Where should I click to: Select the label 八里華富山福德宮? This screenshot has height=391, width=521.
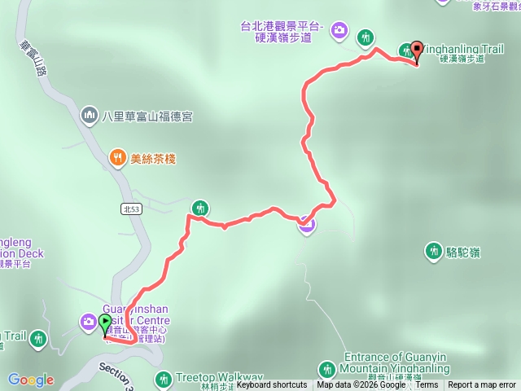pyautogui.click(x=147, y=116)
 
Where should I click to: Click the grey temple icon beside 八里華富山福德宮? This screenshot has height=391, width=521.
pyautogui.click(x=89, y=116)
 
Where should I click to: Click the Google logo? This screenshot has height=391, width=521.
pyautogui.click(x=31, y=380)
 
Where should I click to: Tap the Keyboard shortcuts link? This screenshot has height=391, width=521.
pyautogui.click(x=272, y=385)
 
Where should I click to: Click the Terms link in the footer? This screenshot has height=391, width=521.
pyautogui.click(x=427, y=385)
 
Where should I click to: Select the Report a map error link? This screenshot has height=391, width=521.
pyautogui.click(x=482, y=385)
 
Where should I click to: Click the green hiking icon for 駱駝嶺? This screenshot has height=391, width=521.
pyautogui.click(x=433, y=252)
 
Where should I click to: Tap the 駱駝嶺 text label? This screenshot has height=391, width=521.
pyautogui.click(x=464, y=253)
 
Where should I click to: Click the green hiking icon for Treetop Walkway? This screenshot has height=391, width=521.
pyautogui.click(x=163, y=379)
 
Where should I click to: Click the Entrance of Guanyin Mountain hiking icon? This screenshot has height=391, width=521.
pyautogui.click(x=326, y=369)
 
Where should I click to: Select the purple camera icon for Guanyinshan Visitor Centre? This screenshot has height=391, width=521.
pyautogui.click(x=88, y=323)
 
